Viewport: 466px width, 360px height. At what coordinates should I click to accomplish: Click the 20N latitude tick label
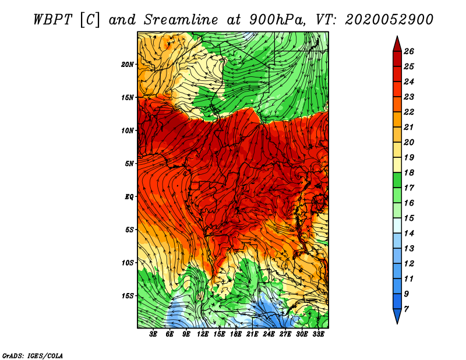coord(127,65)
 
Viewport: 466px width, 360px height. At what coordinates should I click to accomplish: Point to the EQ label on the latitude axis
coord(129,197)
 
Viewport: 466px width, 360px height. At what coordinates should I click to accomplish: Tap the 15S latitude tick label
coord(128,296)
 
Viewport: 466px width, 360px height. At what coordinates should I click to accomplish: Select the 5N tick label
coord(129,164)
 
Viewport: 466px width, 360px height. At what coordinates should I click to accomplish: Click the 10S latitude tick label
coord(128,263)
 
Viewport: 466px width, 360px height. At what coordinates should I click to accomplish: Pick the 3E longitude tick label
coord(153,334)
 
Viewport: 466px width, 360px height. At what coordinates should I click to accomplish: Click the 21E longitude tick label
coord(252,334)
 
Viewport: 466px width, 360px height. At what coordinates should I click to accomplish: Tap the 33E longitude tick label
coord(318,334)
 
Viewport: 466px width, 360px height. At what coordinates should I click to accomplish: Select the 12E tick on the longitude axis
coord(202,334)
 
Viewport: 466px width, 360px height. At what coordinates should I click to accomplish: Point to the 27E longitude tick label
coord(285,334)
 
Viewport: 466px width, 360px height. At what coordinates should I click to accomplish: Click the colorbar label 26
coord(409,51)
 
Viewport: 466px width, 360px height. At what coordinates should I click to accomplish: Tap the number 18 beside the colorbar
coord(409,172)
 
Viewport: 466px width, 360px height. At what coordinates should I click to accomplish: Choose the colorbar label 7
coord(406,309)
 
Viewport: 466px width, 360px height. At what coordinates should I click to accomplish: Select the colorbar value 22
coord(409,112)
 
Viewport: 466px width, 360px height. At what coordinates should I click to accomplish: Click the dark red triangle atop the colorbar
coord(397,44)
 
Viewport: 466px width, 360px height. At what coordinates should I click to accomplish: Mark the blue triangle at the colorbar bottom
coord(397,316)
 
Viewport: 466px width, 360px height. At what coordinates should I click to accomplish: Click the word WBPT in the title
coord(52,20)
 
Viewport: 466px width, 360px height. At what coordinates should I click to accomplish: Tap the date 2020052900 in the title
coord(389,20)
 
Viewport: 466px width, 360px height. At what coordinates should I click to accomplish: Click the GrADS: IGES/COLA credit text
coord(33,356)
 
